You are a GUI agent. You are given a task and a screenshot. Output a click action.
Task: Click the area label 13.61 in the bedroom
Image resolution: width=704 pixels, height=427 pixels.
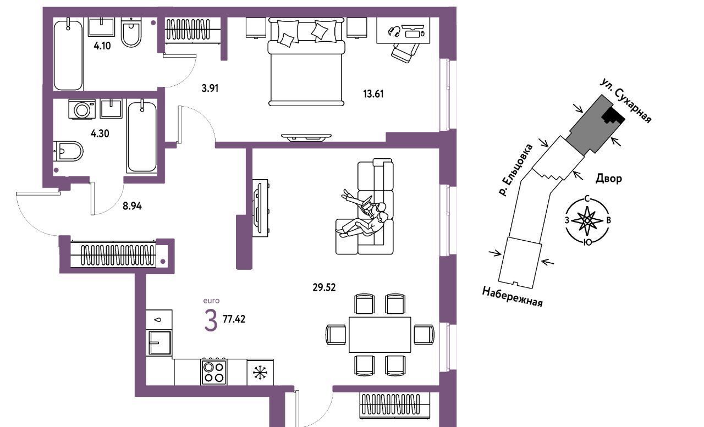373,94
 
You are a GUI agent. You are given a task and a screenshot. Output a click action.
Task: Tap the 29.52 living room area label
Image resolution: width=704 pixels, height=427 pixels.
324,287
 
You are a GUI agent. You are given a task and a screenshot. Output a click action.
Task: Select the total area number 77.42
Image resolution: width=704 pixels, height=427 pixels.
234,319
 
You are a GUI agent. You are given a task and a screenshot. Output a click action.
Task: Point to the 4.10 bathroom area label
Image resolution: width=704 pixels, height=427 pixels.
102,46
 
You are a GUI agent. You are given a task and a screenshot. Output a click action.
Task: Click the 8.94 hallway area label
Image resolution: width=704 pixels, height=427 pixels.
132,206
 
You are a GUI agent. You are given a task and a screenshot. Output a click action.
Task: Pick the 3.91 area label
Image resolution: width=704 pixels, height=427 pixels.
210,88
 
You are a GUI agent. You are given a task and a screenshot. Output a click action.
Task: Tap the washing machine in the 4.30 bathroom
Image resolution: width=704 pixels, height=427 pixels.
82,109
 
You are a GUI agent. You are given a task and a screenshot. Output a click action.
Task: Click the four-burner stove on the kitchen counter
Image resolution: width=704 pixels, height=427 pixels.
214,371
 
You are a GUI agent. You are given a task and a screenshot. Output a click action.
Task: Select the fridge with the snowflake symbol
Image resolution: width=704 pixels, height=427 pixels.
260,373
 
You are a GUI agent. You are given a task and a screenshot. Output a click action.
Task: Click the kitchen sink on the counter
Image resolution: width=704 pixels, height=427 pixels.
159,343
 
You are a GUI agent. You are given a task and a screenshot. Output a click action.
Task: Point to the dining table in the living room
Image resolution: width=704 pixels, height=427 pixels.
380,335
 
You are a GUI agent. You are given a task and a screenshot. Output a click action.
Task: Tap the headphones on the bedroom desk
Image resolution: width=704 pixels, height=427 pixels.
394,31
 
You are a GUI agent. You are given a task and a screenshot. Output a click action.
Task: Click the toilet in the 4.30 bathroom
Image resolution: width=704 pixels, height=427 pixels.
68,151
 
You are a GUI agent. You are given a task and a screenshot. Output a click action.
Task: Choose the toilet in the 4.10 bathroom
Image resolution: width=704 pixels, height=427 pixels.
131,32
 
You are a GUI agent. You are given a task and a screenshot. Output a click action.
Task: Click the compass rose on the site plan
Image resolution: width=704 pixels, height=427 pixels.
587,220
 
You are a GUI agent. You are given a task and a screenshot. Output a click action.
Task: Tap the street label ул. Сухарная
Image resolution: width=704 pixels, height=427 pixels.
626,101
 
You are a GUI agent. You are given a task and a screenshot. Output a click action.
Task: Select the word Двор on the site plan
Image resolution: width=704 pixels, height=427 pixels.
609,179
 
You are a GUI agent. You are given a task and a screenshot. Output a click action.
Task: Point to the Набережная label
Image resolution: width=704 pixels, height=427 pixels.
512,296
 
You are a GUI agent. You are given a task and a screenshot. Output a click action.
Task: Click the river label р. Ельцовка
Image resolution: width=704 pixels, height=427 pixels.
516,170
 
